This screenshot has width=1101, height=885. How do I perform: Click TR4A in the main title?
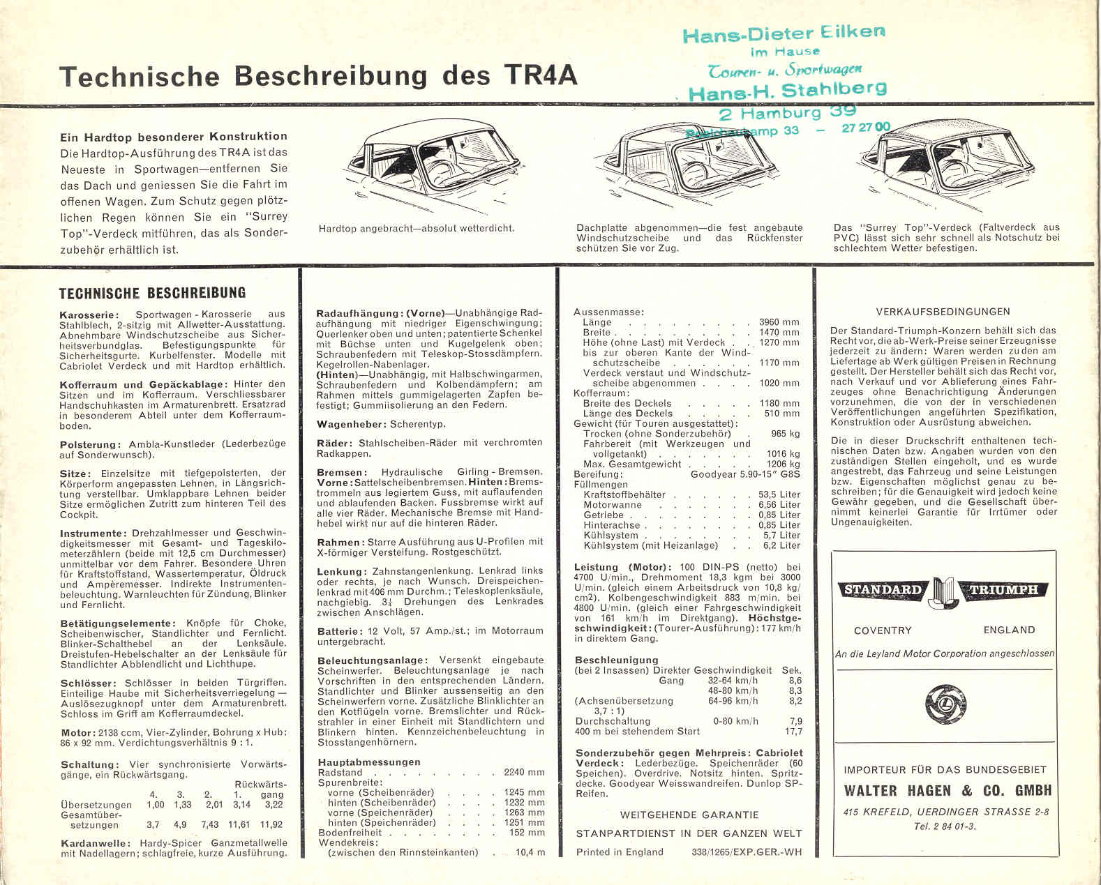[539, 75]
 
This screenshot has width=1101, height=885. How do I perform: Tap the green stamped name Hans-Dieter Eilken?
[784, 33]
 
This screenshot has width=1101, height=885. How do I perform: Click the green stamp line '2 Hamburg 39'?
[786, 112]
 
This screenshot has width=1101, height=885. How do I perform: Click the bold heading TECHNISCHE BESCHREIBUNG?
[152, 293]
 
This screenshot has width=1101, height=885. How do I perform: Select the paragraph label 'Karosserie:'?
[89, 315]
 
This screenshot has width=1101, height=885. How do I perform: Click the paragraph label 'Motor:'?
[77, 732]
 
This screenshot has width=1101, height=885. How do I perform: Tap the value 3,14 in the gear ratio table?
[241, 804]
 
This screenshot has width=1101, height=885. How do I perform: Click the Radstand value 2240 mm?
[524, 772]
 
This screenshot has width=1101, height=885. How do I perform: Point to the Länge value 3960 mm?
[779, 322]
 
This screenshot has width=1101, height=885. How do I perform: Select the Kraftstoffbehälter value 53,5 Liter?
[779, 494]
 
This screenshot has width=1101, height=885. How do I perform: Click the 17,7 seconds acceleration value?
[793, 731]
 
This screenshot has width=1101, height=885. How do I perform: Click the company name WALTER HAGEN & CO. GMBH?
[947, 791]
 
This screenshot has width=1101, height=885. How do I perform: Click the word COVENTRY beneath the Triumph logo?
[883, 630]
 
